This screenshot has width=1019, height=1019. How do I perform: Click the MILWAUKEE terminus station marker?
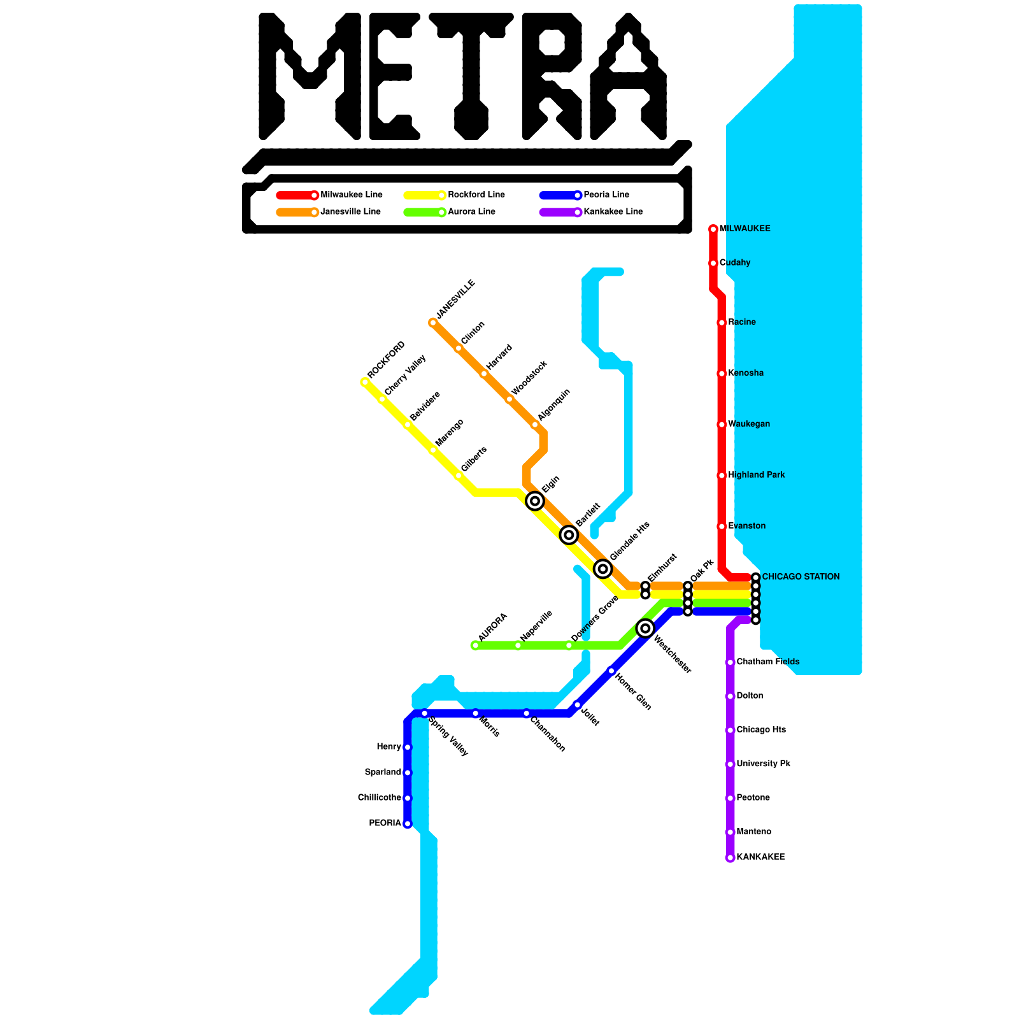[x=713, y=229]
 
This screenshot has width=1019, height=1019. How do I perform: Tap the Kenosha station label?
[x=746, y=373]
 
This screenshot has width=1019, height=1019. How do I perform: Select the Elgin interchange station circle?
[x=535, y=501]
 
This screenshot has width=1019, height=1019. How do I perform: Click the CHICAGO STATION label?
[x=801, y=577]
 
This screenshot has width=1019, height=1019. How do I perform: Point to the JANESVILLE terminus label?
[x=455, y=299]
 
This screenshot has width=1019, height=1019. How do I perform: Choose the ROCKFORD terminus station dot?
[x=365, y=382]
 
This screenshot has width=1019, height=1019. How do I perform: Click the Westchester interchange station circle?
[x=645, y=629]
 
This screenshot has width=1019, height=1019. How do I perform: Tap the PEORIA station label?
[x=385, y=823]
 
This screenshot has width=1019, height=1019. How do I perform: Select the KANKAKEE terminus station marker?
[x=730, y=858]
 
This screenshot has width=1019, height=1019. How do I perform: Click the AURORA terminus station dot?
[x=475, y=646]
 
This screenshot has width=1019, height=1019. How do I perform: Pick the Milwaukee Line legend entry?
[x=351, y=195]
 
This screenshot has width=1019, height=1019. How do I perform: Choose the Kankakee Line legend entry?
[x=613, y=212]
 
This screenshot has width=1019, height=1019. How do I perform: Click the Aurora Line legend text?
[x=471, y=212]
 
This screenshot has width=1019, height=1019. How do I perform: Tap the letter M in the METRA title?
[x=310, y=76]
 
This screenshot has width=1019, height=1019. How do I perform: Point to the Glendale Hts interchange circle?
[x=603, y=569]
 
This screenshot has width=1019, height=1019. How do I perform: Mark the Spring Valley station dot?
[x=425, y=713]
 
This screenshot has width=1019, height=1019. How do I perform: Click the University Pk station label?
[x=763, y=764]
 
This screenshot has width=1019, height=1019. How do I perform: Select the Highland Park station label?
[x=756, y=475]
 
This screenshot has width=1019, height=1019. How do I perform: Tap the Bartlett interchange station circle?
[x=569, y=535]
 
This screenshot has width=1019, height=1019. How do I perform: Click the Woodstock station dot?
[x=509, y=399]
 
